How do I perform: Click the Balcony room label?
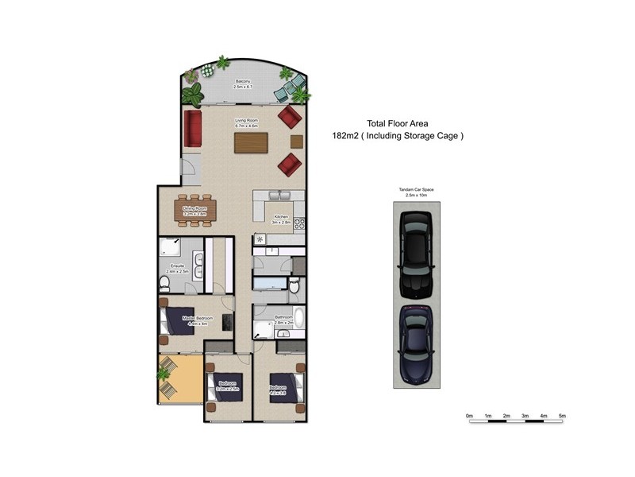tap(244, 83)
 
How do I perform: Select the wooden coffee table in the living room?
tap(252, 142)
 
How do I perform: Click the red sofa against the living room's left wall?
tap(192, 128)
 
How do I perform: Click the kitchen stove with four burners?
tap(299, 223)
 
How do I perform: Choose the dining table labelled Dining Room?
tap(194, 211)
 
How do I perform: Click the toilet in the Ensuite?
tap(164, 284)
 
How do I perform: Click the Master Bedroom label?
tap(194, 320)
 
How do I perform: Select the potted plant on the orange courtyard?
tap(164, 373)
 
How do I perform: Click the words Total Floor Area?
tap(397, 123)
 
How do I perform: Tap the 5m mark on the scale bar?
tap(562, 415)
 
